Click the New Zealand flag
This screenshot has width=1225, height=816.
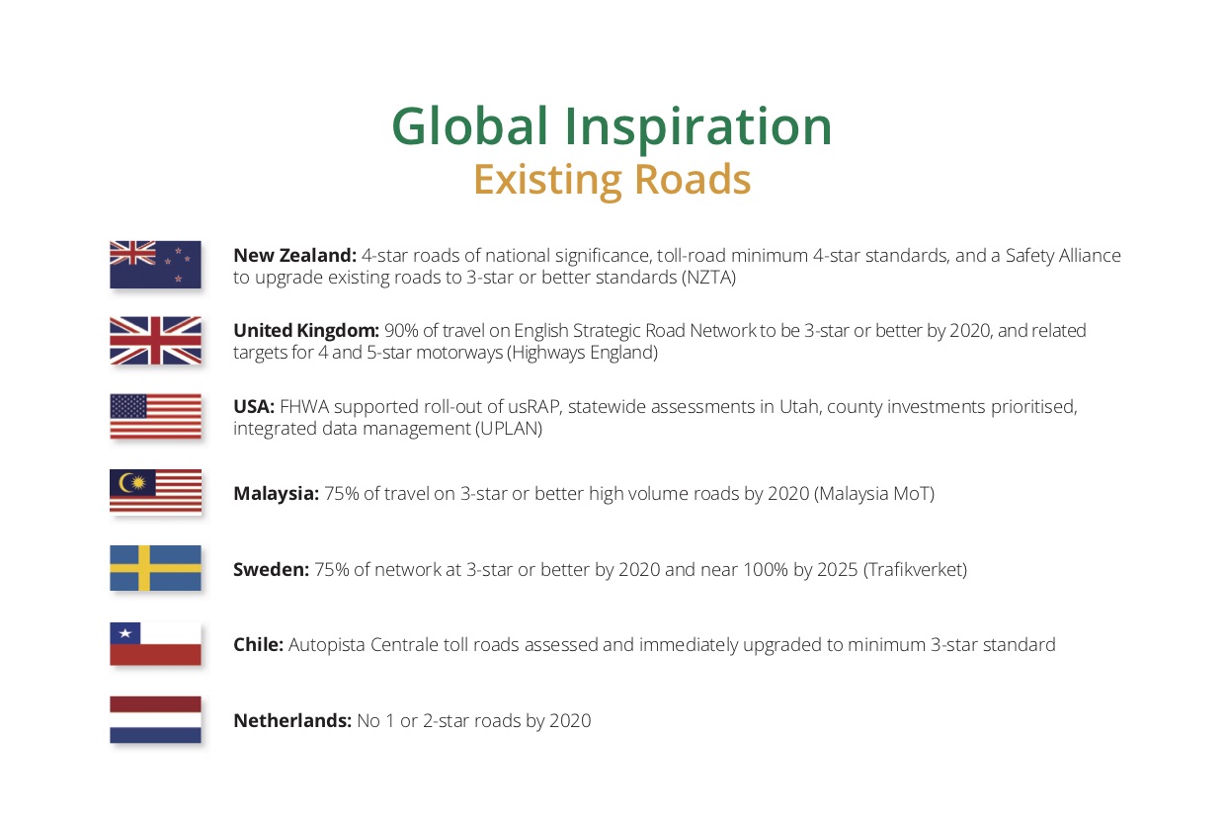[x=155, y=265]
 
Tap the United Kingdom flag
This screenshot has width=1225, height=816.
[x=155, y=341]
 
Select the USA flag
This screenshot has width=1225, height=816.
[x=155, y=416]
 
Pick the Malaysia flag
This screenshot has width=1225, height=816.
[x=155, y=492]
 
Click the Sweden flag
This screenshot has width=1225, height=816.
[x=155, y=568]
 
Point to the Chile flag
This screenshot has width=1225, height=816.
[x=155, y=644]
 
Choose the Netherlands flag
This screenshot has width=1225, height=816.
[x=155, y=719]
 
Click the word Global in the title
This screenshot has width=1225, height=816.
[x=470, y=126]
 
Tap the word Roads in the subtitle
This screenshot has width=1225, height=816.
[x=693, y=179]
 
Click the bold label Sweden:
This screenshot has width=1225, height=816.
[x=272, y=569]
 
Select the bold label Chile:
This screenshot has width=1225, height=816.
[x=258, y=645]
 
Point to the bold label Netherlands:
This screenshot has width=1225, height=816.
[x=292, y=721]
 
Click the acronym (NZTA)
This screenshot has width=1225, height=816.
[x=708, y=278]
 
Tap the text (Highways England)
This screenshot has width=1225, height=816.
[x=582, y=353]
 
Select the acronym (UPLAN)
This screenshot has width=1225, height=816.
[x=509, y=429]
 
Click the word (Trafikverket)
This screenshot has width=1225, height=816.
[x=915, y=570]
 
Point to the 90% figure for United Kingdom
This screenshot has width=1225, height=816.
[x=401, y=331]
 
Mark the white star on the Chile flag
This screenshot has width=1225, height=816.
[x=125, y=633]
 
